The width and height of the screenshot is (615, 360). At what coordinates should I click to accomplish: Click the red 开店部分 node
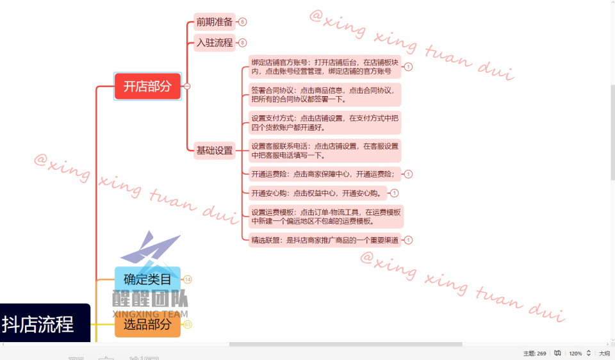pos(147,86)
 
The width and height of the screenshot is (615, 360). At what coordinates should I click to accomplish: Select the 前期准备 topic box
pos(215,22)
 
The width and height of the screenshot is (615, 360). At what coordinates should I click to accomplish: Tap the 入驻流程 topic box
pos(215,43)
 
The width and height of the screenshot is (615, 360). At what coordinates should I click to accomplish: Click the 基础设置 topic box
pos(215,151)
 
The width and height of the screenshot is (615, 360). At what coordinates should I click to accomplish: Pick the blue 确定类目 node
pos(147,279)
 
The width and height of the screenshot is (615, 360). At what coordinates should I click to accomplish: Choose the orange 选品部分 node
pos(147,325)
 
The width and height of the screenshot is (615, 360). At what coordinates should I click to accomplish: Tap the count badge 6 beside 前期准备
pos(242,22)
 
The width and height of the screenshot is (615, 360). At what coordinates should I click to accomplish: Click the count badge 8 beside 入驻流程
pos(242,43)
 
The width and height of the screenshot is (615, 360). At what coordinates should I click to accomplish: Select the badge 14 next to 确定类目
pos(188,279)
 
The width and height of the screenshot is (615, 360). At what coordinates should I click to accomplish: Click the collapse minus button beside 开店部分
pos(187,86)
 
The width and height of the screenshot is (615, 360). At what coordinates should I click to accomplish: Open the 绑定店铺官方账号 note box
pos(325,67)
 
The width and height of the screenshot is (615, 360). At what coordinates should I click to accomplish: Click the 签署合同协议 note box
pos(325,95)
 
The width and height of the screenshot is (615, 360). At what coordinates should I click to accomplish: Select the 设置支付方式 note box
pos(325,122)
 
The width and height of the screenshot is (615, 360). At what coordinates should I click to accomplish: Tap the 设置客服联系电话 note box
pos(325,151)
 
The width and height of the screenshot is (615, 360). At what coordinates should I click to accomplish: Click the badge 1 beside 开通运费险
pos(409,174)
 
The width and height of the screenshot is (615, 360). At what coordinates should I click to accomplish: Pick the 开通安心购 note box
pos(318,193)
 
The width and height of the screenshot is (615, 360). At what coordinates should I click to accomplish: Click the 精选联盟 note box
pos(325,240)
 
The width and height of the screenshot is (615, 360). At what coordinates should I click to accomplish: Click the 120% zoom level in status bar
pos(575,353)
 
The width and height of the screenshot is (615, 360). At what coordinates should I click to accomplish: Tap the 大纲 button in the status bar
pos(604,353)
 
